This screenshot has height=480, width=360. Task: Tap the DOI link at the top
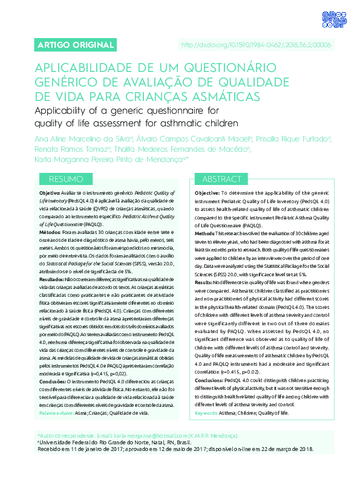coord(257,45)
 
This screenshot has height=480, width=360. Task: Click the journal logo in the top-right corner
coord(332,18)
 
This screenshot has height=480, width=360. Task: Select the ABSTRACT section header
coord(222,180)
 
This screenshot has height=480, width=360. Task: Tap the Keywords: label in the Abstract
coord(208,413)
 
